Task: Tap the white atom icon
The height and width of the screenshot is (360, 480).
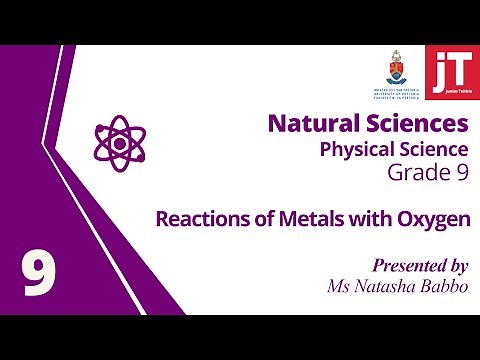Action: point(113,141)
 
